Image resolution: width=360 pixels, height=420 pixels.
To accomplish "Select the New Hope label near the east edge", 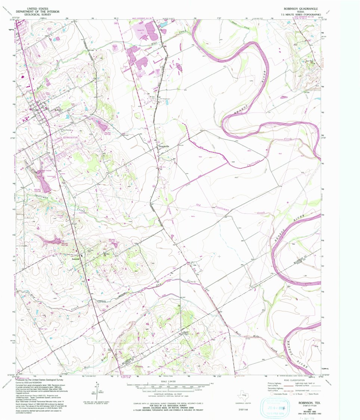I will (310, 61).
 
